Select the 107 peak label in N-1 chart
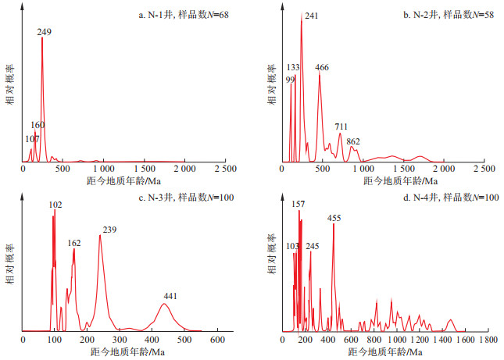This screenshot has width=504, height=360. point(32,138)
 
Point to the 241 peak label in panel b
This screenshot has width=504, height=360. point(311,16)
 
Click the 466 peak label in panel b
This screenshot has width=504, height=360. point(322,67)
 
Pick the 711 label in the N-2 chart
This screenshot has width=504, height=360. point(341,126)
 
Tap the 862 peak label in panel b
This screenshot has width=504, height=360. point(353,141)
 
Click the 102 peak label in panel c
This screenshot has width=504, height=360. point(55,205)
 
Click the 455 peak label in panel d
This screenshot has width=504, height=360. point(334,218)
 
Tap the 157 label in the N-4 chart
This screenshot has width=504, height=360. point(298,204)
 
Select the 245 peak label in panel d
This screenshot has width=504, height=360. point(313,246)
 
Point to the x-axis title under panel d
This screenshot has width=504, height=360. point(388,352)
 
